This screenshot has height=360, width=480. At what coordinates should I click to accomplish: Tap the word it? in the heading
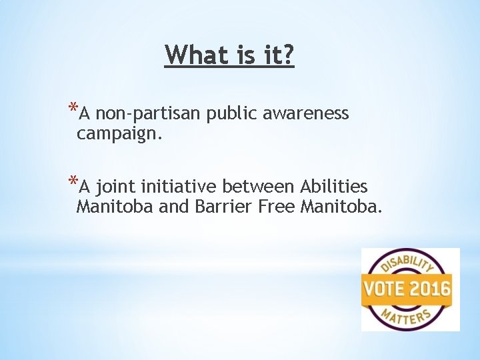coord(277,55)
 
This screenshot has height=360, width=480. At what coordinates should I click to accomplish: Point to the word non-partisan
coord(149,114)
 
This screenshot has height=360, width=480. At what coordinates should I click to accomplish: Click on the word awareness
coord(306,114)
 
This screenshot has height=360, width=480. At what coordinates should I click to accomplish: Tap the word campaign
coord(119,134)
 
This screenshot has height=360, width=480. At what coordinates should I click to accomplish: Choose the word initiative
coord(180,186)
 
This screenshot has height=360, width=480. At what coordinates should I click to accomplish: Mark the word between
coord(259,186)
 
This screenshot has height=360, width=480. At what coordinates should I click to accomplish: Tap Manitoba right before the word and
coord(115,206)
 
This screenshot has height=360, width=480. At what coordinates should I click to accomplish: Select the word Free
coord(275,206)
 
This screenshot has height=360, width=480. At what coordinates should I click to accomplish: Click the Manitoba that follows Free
coord(341,206)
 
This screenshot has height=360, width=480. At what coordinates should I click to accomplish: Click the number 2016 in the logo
coord(429,290)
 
